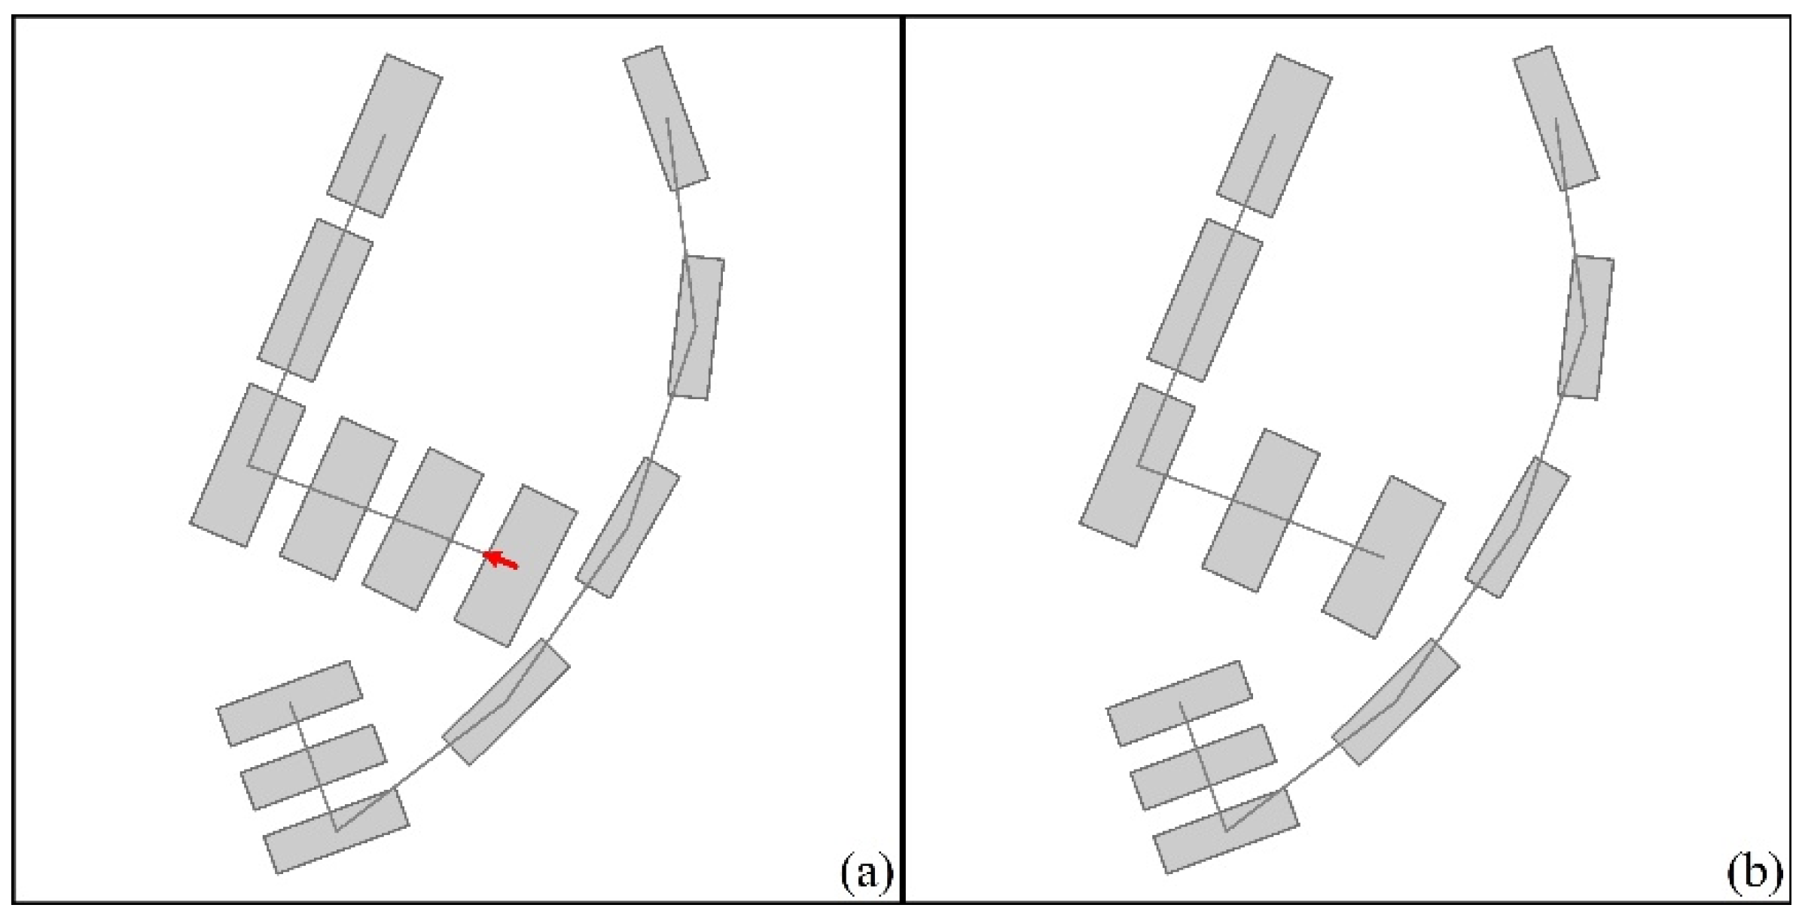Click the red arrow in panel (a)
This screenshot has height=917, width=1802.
(500, 559)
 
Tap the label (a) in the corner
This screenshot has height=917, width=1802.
(865, 873)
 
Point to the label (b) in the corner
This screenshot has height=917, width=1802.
(1754, 873)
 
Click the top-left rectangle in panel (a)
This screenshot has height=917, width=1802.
(384, 136)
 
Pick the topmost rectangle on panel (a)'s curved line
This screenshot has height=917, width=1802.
(666, 118)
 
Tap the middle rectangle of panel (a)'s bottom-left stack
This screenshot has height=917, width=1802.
(313, 767)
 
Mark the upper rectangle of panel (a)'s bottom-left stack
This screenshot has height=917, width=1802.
(290, 703)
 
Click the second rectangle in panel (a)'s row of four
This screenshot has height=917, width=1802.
(337, 498)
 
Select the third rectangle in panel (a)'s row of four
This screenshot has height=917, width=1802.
(422, 529)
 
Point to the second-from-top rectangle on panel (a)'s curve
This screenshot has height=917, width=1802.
(697, 327)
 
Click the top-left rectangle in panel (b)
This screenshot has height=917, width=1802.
(1274, 136)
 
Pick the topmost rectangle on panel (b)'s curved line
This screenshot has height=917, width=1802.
(1556, 118)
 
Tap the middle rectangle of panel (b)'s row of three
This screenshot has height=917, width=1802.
(1261, 510)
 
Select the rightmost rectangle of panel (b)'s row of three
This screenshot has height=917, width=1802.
(1383, 557)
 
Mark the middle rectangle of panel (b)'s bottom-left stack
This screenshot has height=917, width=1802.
(1203, 767)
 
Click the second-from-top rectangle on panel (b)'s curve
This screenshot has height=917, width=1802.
(1586, 327)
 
